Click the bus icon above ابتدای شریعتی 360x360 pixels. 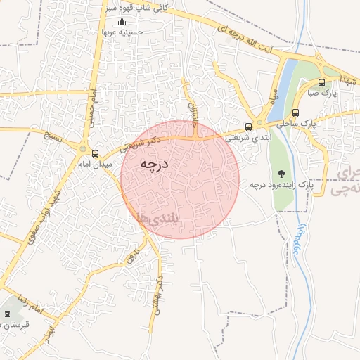click(248, 127)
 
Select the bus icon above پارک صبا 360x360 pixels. click(321, 82)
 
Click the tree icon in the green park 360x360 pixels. click(282, 172)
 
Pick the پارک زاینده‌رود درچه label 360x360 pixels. click(281, 185)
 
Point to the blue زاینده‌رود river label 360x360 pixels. click(298, 240)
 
